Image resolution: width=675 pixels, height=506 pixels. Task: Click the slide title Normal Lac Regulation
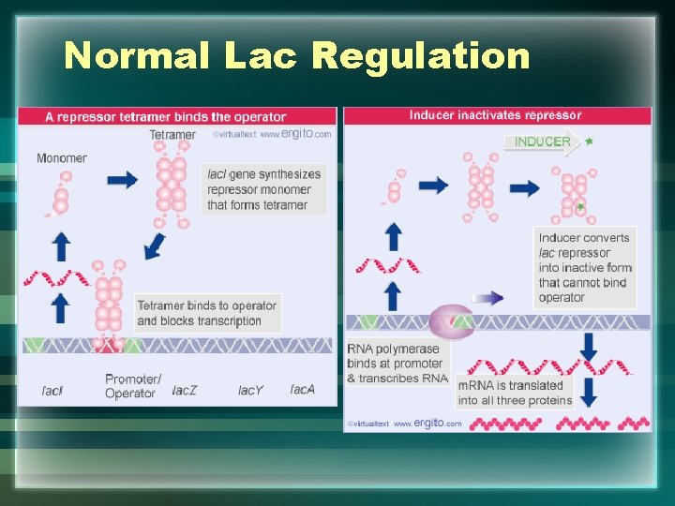297,56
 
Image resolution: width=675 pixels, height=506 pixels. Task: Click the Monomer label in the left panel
62,157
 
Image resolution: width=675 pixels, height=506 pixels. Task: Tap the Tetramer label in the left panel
172,135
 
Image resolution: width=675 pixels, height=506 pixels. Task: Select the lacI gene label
52,390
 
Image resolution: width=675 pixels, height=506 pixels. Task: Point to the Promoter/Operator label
133,386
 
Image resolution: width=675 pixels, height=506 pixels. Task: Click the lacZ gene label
185,390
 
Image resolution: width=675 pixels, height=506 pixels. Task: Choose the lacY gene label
250,390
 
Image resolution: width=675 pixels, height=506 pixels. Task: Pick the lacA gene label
302,389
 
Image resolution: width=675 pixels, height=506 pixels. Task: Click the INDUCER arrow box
543,142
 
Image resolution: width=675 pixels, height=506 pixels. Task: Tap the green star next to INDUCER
589,141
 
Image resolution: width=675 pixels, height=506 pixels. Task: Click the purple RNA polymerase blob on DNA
451,321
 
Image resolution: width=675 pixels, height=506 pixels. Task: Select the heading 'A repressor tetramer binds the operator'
166,117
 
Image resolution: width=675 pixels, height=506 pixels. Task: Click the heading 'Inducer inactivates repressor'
496,115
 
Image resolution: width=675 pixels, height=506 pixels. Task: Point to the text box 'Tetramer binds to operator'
206,313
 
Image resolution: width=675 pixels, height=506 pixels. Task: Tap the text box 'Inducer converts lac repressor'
585,267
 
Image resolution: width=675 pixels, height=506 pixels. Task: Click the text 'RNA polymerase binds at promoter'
395,363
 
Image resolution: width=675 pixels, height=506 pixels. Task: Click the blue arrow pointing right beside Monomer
122,180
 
